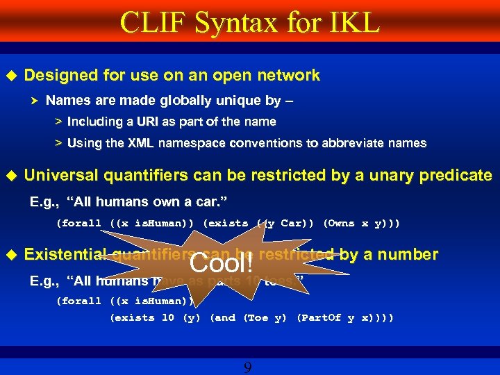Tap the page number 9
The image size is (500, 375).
point(247,367)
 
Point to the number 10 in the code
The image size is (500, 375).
point(167,317)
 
